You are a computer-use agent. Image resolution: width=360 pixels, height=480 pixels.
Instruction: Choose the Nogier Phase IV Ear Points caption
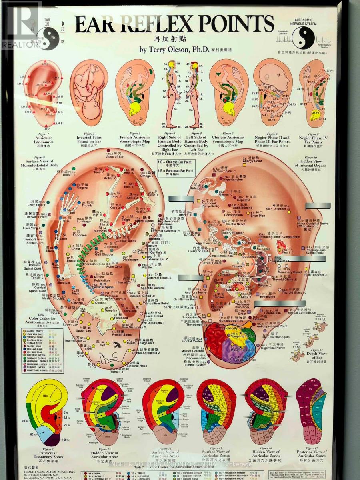point(313,140)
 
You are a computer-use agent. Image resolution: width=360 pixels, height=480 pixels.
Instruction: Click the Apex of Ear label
point(114,156)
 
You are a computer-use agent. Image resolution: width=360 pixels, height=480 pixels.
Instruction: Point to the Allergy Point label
point(252,161)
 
